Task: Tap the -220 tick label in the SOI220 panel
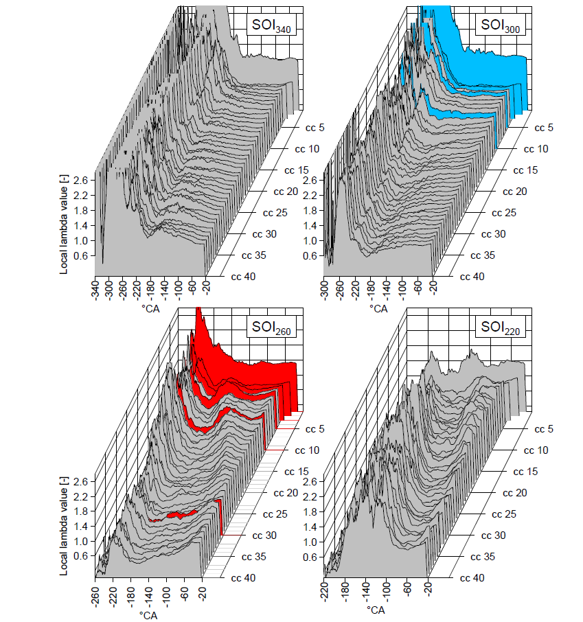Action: [324, 594]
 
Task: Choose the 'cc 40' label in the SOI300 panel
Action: [472, 277]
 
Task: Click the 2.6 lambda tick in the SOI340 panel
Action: [80, 180]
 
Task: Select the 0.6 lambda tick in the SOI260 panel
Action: [80, 556]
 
